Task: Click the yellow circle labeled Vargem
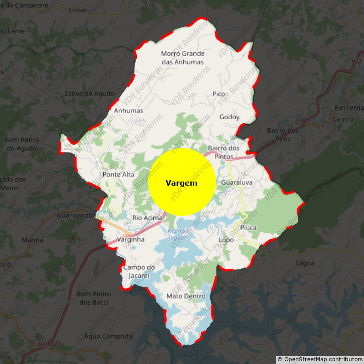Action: coord(182,182)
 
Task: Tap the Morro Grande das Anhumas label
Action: coord(182,58)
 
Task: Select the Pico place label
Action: coord(218,94)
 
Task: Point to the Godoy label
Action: coord(229,117)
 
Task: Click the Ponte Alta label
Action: coord(118,175)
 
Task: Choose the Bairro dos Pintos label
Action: coord(223,152)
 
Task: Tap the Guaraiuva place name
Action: coord(237,182)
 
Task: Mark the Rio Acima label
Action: coord(147,218)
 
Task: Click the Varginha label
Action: coord(131,239)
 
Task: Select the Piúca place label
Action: coord(248,227)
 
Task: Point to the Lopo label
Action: coord(226,240)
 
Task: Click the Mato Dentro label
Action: coord(186,296)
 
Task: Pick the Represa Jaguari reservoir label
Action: coord(177,234)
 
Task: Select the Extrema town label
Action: coord(349,108)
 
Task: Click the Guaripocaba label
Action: coord(76,215)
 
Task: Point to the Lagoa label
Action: coord(305,263)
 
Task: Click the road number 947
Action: coord(305,121)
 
